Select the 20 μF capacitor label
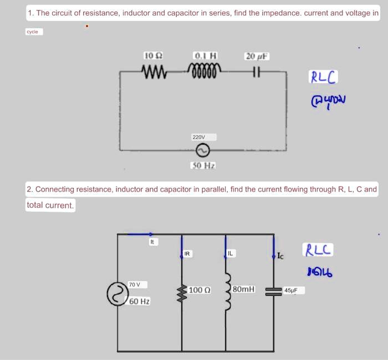click(x=257, y=56)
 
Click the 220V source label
click(x=198, y=136)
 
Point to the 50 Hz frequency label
click(x=203, y=165)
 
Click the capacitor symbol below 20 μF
click(x=256, y=72)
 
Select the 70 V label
click(x=135, y=284)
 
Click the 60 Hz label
click(x=140, y=301)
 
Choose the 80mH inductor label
click(x=244, y=289)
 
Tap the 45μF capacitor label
click(x=291, y=290)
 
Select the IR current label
click(x=187, y=254)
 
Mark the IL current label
click(x=231, y=253)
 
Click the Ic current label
click(x=281, y=256)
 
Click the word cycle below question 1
click(x=32, y=32)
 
